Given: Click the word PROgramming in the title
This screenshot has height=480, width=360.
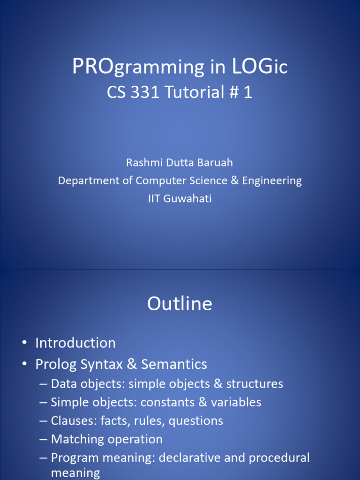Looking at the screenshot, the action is pyautogui.click(x=138, y=67).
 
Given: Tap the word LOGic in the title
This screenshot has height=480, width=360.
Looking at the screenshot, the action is pyautogui.click(x=260, y=66).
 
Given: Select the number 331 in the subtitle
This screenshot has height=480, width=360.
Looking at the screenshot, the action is pyautogui.click(x=145, y=92).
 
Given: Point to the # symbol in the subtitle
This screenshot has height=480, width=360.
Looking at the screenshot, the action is pyautogui.click(x=234, y=92).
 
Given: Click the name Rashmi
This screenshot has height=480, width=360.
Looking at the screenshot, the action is pyautogui.click(x=144, y=162).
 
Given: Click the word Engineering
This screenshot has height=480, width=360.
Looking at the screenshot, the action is pyautogui.click(x=272, y=181).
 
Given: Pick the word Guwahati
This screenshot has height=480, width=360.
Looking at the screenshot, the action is pyautogui.click(x=187, y=198).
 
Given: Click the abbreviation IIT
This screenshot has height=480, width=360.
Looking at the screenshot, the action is pyautogui.click(x=154, y=198).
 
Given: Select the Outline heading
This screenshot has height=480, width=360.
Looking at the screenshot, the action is pyautogui.click(x=180, y=304).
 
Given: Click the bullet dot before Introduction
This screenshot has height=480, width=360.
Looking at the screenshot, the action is pyautogui.click(x=24, y=343).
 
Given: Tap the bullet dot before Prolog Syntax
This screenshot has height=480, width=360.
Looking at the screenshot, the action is pyautogui.click(x=24, y=364).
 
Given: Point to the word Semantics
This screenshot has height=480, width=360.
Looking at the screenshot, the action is pyautogui.click(x=174, y=364).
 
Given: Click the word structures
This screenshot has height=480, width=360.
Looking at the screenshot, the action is pyautogui.click(x=255, y=384).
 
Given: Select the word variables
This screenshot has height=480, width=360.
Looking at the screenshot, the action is pyautogui.click(x=236, y=402).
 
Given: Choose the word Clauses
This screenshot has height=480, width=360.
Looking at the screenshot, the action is pyautogui.click(x=74, y=420).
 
